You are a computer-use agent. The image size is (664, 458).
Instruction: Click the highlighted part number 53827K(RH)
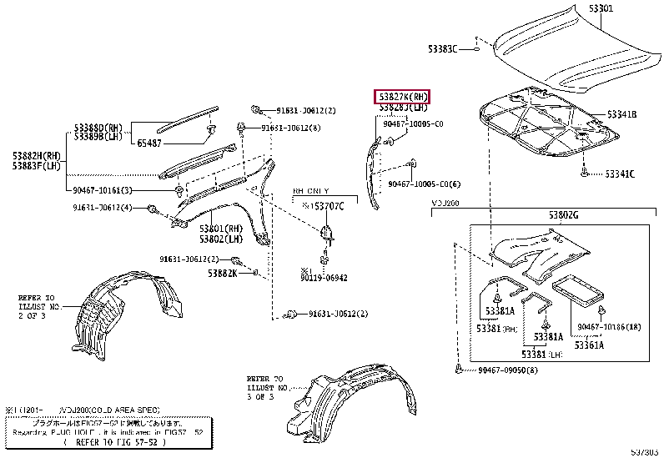tap(403, 96)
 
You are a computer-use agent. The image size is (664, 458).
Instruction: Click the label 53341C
tap(620, 174)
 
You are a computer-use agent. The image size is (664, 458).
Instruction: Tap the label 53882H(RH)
tap(37, 155)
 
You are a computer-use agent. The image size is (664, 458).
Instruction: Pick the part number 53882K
tap(223, 273)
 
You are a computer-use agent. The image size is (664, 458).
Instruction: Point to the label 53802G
tap(563, 216)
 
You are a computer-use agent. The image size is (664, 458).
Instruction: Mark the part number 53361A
tap(589, 345)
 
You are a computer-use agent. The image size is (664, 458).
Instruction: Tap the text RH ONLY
tap(310, 190)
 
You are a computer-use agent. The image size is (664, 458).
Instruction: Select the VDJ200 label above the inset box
tap(446, 204)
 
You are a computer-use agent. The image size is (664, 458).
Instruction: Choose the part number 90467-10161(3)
tap(96, 190)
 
